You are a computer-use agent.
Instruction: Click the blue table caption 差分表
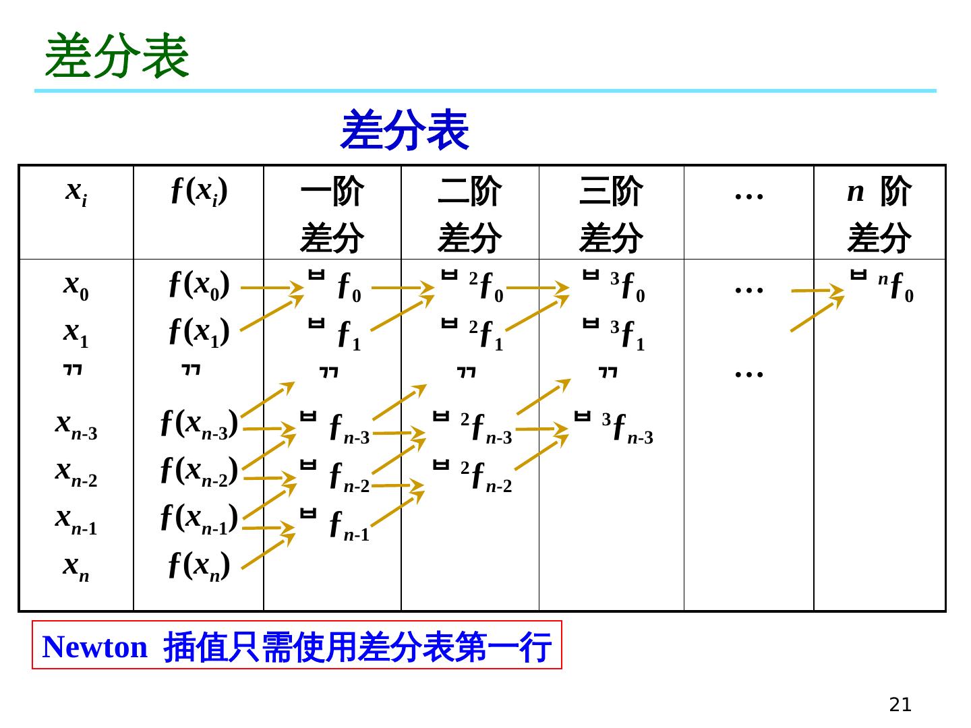point(405,131)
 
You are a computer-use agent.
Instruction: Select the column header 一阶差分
point(332,214)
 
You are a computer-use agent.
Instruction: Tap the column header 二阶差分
point(469,214)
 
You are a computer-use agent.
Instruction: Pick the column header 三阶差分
point(611,214)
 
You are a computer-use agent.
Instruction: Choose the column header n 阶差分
point(879,214)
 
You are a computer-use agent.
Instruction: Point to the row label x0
point(76,286)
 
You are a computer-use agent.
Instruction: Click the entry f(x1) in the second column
point(200,332)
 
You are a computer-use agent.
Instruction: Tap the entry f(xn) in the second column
point(200,566)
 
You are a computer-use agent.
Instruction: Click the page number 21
point(900,705)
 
